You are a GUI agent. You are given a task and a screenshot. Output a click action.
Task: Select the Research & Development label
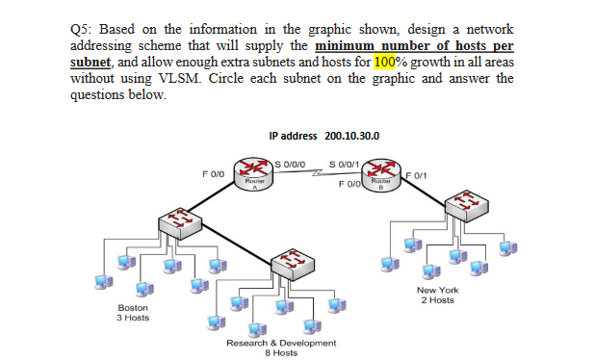pos(281,343)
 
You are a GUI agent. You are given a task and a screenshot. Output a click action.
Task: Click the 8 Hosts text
pos(281,352)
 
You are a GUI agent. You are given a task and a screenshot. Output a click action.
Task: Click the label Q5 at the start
pos(83,27)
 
